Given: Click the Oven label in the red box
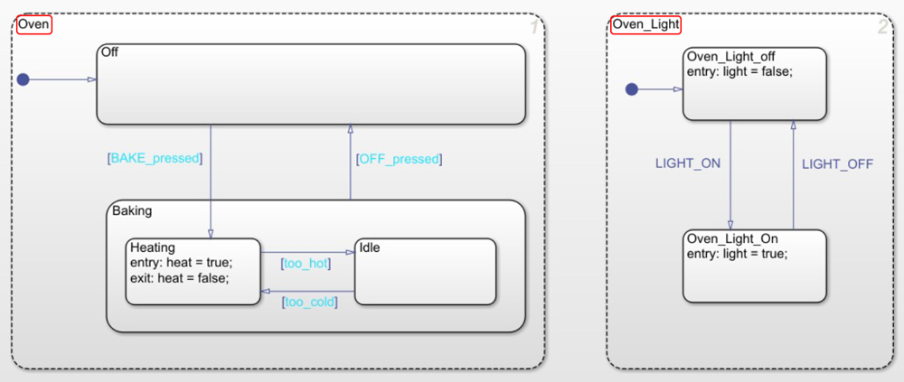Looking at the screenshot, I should coord(34,24).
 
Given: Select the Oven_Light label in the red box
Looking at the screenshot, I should coord(645,24).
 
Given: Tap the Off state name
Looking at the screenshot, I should coord(110,52).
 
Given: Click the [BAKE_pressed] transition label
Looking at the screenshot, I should coord(155,158).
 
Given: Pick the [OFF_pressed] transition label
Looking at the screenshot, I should coord(399,159).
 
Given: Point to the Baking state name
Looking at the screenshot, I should coord(132,210).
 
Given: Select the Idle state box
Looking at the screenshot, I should coord(426,271).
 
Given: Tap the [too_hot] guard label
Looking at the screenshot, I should coord(306,264).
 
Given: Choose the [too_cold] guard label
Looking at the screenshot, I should coord(309,302).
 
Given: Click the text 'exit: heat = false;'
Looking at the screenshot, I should coord(179,277).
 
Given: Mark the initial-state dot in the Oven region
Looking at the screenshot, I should coord(24,79).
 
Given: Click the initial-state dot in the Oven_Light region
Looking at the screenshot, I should coord(632,89).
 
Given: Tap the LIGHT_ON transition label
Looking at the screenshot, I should coord(687,163).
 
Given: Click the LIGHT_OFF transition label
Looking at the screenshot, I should coord(837,163).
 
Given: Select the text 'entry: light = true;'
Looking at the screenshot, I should coord(737,253).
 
